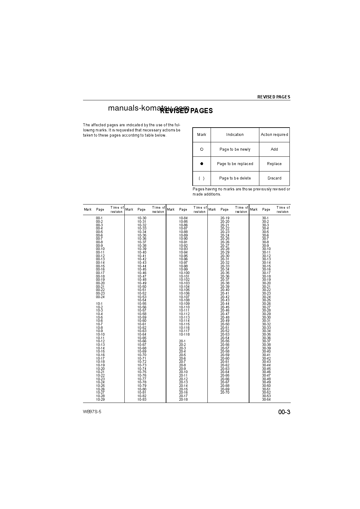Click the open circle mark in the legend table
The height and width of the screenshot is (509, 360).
tap(202, 149)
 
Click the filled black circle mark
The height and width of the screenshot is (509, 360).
tap(202, 164)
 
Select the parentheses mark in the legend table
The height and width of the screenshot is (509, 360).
tap(202, 178)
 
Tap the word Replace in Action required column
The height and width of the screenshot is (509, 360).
tap(274, 164)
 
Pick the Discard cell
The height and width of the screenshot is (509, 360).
tap(274, 178)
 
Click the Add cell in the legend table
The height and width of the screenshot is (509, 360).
tap(274, 149)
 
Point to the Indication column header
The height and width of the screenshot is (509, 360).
tap(235, 135)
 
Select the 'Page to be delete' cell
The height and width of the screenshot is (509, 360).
tap(235, 178)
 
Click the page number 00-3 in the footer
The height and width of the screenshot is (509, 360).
tap(284, 412)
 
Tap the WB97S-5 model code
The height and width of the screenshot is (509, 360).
tap(92, 412)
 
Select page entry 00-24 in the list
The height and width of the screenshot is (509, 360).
tap(100, 297)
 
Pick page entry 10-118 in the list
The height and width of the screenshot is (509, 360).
tap(184, 334)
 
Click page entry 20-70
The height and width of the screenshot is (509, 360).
tap(225, 392)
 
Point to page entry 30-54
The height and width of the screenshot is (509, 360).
tap(266, 399)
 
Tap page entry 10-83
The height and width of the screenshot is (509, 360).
tap(142, 399)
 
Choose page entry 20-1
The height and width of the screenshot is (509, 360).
tap(182, 341)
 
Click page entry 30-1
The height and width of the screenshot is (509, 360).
tap(265, 218)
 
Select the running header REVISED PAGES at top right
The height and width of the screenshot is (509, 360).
tap(273, 97)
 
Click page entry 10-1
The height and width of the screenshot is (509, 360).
tap(99, 304)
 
